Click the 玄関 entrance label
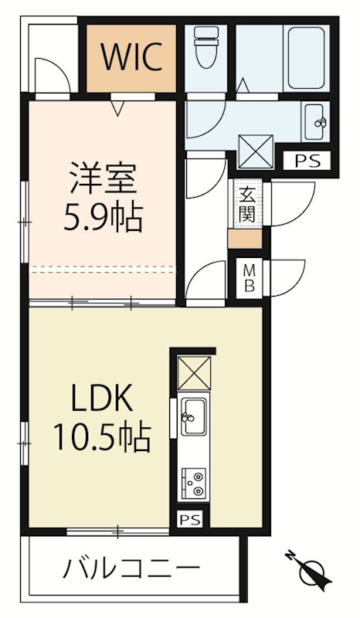click(246, 204)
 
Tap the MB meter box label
click(250, 277)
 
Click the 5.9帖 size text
click(102, 219)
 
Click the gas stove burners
click(192, 483)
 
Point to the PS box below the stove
click(189, 519)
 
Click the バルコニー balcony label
click(131, 572)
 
